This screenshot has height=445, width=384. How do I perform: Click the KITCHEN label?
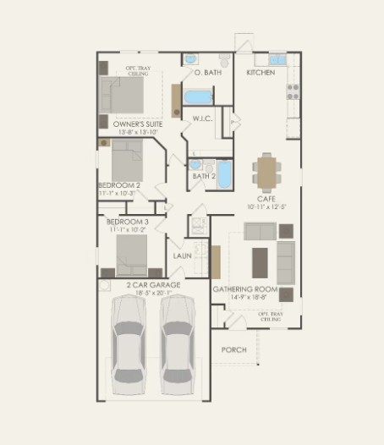coord(261,74)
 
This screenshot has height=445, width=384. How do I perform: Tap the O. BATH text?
coord(207,74)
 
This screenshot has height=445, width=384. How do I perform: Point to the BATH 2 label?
coord(204,176)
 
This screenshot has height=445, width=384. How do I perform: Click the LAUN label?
coord(183,255)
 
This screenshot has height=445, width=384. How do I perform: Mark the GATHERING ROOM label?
coord(245,288)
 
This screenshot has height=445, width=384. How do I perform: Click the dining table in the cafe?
coord(267,172)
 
